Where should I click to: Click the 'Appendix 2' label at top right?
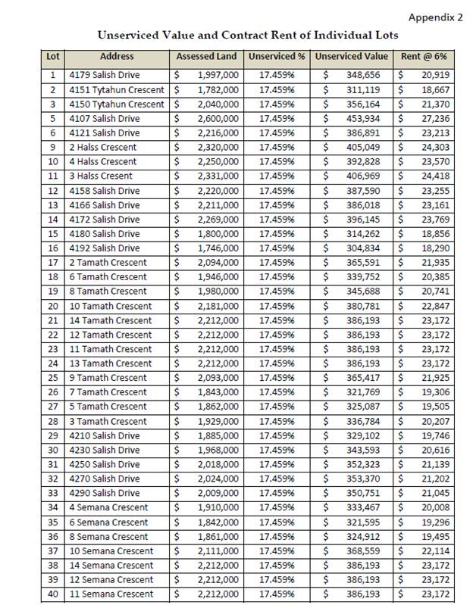point(435,17)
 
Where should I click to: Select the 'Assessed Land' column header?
point(206,57)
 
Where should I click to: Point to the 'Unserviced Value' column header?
point(351,57)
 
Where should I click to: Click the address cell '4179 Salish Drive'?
point(105,75)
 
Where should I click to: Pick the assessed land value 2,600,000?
point(218,118)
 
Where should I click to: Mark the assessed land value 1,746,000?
point(218,248)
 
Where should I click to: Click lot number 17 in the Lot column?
point(52,263)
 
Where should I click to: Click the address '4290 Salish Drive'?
point(105,493)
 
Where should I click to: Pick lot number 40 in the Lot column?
point(52,594)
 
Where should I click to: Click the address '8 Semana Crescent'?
point(108,536)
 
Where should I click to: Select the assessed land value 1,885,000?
point(218,435)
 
